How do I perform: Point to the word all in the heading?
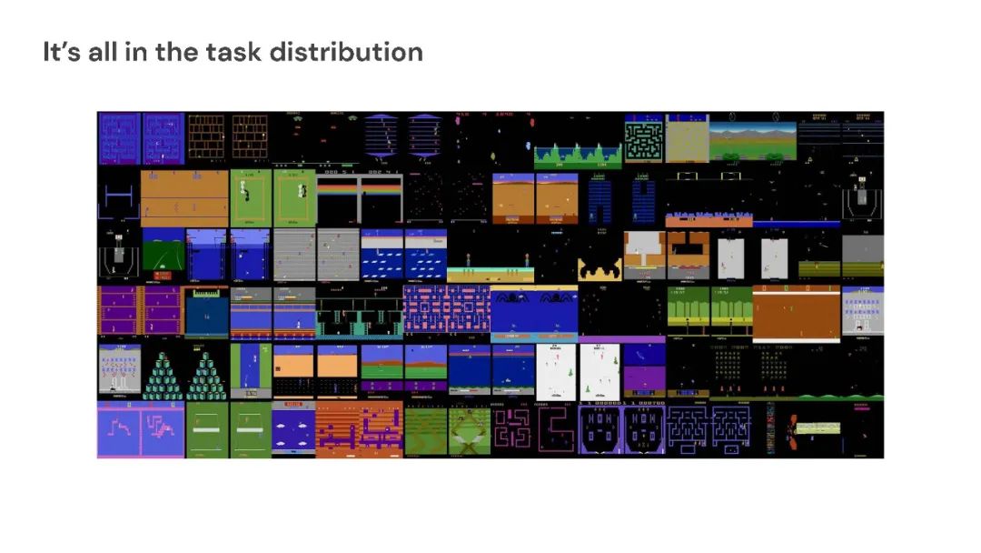pos(111,52)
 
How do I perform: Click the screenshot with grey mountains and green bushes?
pos(754,138)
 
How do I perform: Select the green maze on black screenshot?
pos(644,138)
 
